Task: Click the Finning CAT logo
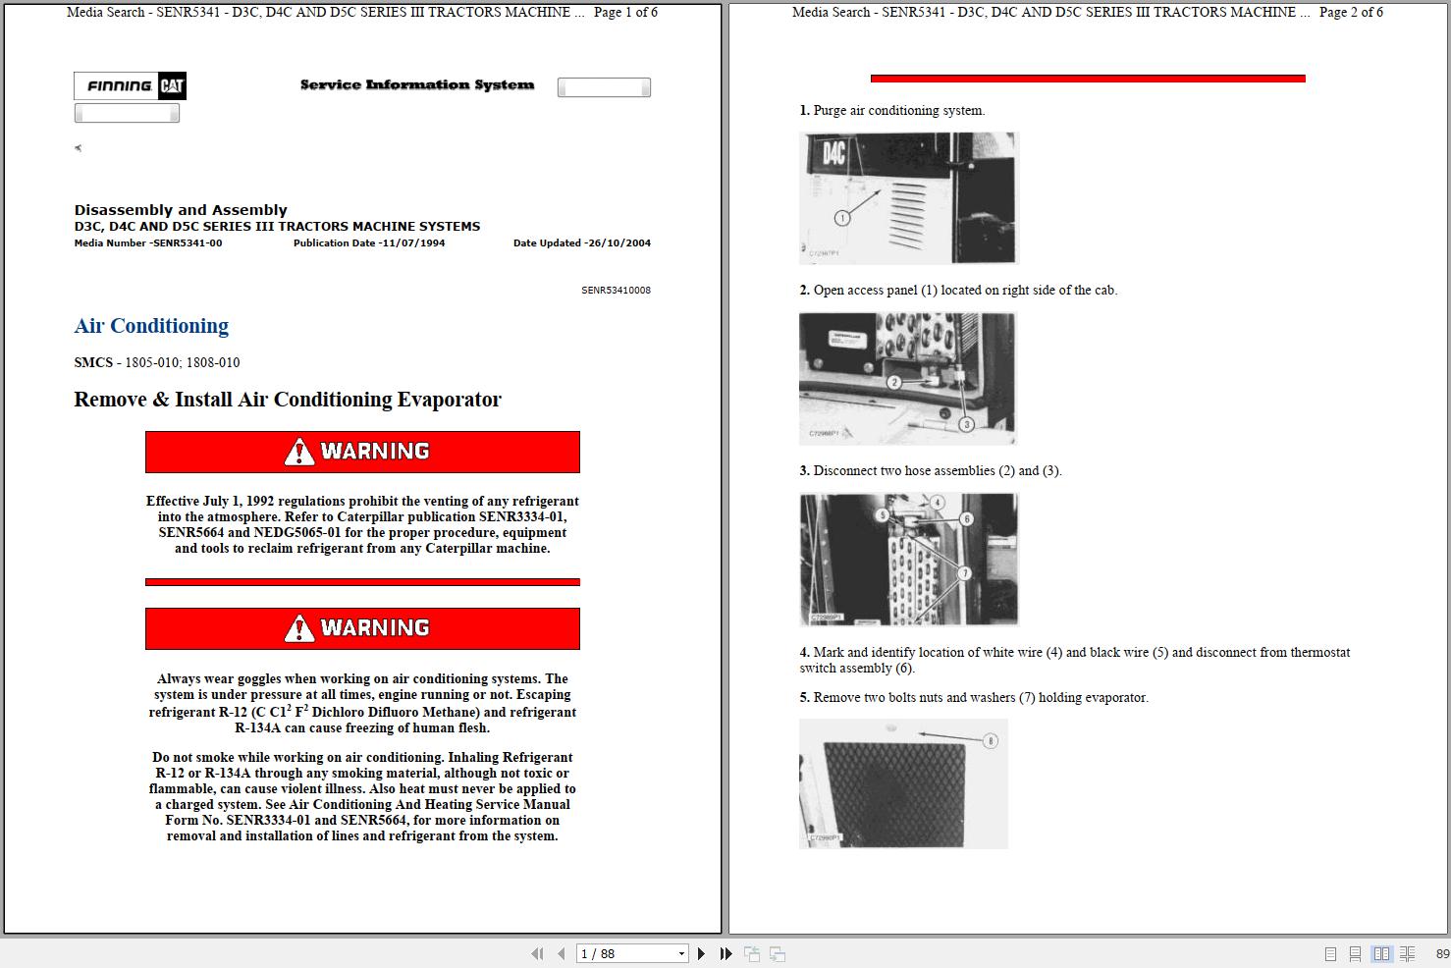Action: coord(130,86)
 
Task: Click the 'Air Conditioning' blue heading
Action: coord(151,326)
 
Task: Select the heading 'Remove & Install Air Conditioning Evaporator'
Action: coord(288,400)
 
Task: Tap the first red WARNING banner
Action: coord(362,452)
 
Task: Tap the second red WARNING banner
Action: coord(362,628)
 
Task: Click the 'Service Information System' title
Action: coord(417,85)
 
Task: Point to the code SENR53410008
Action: coord(616,291)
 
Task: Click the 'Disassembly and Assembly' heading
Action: coord(181,210)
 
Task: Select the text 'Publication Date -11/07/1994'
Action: coord(369,243)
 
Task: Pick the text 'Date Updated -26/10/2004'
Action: coord(581,243)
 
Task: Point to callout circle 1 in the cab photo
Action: coord(841,218)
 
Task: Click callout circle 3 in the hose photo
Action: coord(966,424)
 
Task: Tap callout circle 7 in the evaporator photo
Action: coord(964,573)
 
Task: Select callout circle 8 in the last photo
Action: coord(990,741)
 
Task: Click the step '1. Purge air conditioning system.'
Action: coord(892,111)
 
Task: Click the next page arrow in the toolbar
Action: coord(701,953)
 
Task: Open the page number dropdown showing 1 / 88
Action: coord(681,953)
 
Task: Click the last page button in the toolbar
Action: coord(725,953)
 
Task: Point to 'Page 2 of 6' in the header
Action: coord(1351,13)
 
